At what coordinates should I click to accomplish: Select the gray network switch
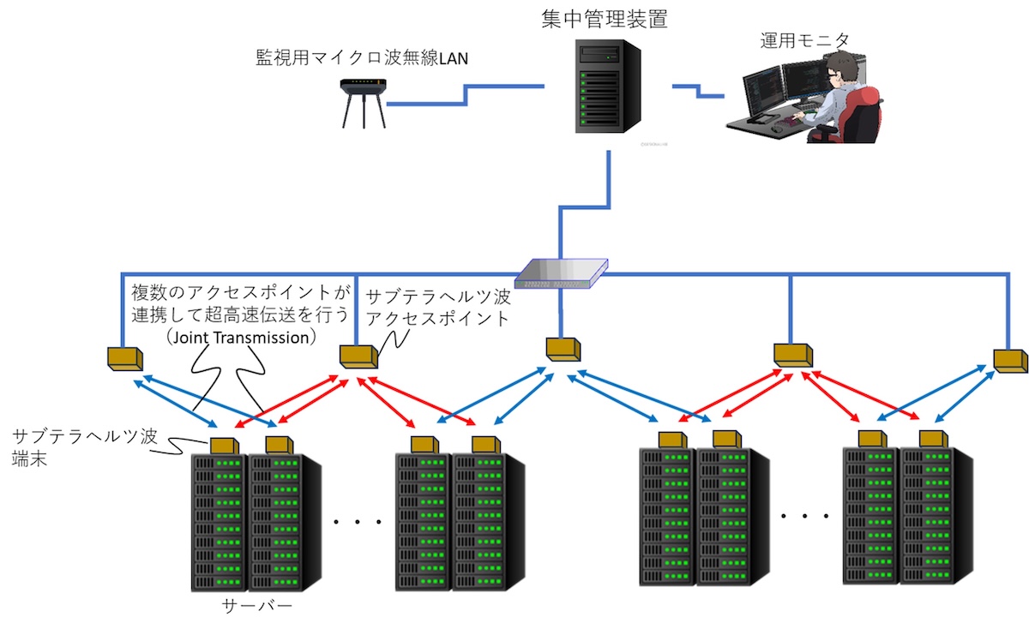click(561, 273)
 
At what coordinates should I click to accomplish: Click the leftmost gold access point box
click(124, 356)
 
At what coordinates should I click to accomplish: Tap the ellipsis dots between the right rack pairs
click(806, 516)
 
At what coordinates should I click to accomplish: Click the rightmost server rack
click(935, 518)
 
